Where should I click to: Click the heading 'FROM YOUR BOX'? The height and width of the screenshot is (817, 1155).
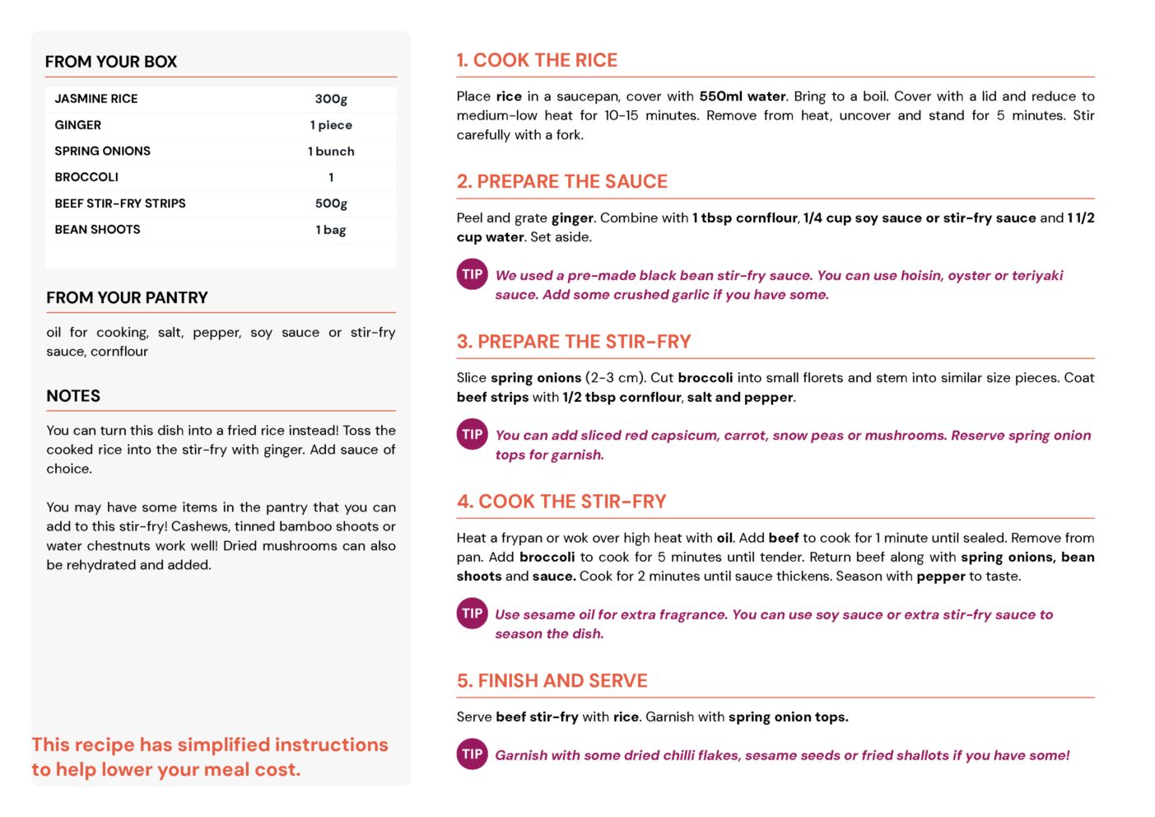pyautogui.click(x=111, y=62)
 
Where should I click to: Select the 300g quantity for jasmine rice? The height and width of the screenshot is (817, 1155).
pyautogui.click(x=331, y=99)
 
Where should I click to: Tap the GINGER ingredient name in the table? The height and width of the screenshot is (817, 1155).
pyautogui.click(x=78, y=125)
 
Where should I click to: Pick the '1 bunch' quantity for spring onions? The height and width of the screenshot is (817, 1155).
pyautogui.click(x=331, y=152)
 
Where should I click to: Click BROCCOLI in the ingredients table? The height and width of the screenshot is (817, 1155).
pyautogui.click(x=86, y=177)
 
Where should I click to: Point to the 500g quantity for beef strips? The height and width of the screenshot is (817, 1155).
pyautogui.click(x=331, y=203)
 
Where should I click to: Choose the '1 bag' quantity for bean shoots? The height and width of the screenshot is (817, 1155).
pyautogui.click(x=331, y=230)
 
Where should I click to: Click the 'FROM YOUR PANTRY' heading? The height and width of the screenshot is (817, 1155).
pyautogui.click(x=127, y=298)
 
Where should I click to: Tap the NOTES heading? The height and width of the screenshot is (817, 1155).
pyautogui.click(x=73, y=396)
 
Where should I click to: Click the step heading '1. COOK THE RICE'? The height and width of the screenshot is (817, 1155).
pyautogui.click(x=537, y=60)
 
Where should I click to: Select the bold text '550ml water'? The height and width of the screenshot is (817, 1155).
pyautogui.click(x=742, y=96)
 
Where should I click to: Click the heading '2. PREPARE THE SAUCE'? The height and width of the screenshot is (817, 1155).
pyautogui.click(x=562, y=181)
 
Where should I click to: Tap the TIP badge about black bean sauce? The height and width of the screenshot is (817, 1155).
pyautogui.click(x=472, y=275)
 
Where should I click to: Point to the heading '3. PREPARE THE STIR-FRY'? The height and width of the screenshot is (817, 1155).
pyautogui.click(x=574, y=342)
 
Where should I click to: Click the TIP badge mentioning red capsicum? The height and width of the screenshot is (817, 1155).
pyautogui.click(x=472, y=435)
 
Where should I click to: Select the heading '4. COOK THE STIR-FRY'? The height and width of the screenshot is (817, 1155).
pyautogui.click(x=561, y=502)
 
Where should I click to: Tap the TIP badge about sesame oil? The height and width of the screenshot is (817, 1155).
pyautogui.click(x=472, y=614)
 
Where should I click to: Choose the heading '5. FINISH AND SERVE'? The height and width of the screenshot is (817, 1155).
pyautogui.click(x=552, y=681)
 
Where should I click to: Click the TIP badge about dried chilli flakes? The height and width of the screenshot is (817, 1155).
pyautogui.click(x=472, y=754)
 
